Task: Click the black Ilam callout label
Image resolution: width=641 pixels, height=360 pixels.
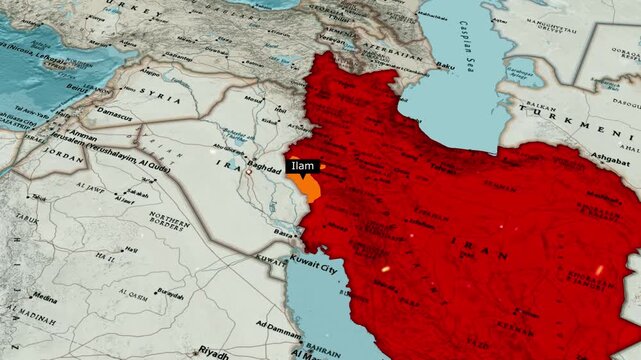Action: [x=301, y=166]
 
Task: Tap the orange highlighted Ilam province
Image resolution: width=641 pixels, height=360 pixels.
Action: [x=312, y=187]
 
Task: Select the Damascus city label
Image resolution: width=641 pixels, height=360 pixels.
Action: [x=115, y=115]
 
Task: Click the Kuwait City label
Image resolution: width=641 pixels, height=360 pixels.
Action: [x=311, y=268]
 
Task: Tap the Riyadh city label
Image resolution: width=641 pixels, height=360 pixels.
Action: [x=213, y=351]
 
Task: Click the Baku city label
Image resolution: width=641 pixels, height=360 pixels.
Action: [x=445, y=66]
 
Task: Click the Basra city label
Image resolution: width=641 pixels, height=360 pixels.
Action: [x=285, y=233]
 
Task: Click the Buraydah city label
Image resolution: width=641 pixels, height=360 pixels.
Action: [x=170, y=294]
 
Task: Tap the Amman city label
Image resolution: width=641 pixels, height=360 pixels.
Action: [x=82, y=134]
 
